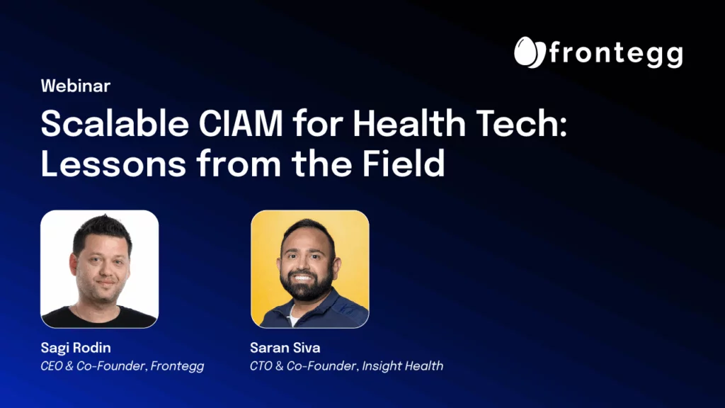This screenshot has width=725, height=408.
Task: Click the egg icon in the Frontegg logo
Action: coord(530,52)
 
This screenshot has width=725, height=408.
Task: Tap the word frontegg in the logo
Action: coord(616,54)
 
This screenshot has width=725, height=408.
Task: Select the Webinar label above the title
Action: coord(75,86)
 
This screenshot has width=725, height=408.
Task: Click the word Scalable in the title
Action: coord(115,124)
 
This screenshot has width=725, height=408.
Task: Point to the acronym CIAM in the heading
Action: coord(241,124)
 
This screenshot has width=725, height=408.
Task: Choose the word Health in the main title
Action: coord(409,123)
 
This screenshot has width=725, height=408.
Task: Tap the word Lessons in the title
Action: coord(113,164)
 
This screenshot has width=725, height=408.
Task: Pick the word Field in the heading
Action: coord(403,164)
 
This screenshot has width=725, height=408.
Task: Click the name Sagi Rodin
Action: coord(76,348)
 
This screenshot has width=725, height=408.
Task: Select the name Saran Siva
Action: coord(285,348)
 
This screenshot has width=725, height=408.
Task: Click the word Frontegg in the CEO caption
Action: coord(177,366)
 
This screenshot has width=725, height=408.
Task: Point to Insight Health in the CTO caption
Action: coord(403,366)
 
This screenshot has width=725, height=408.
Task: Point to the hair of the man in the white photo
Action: coord(103,232)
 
